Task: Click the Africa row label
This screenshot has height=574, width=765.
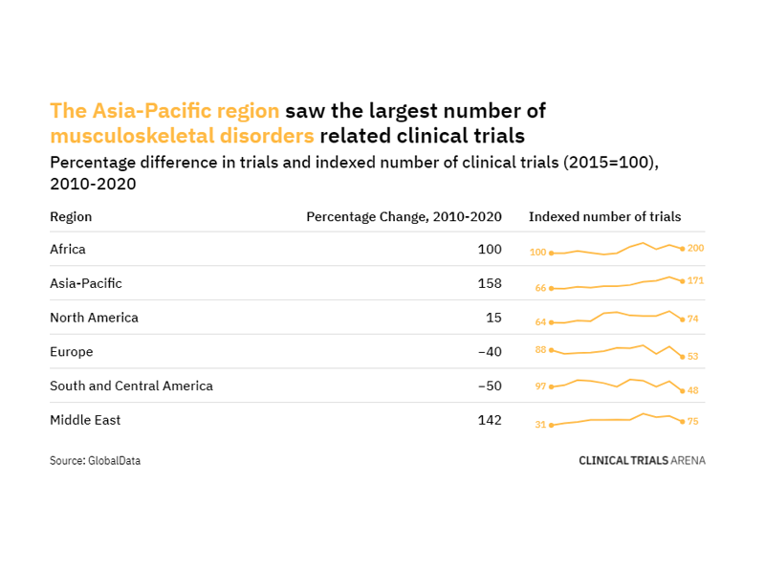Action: click(x=68, y=250)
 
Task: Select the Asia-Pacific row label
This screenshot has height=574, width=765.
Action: click(x=86, y=284)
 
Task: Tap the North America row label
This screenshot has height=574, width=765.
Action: click(x=94, y=318)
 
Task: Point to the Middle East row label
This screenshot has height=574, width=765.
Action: click(x=85, y=420)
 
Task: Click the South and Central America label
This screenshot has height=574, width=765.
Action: click(x=131, y=386)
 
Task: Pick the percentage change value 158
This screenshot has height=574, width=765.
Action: click(x=490, y=284)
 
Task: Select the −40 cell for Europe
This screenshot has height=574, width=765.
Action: click(x=490, y=352)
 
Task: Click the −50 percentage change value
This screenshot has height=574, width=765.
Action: click(x=490, y=386)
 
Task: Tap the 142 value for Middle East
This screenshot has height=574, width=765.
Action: click(x=490, y=420)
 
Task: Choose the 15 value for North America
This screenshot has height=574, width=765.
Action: click(x=494, y=318)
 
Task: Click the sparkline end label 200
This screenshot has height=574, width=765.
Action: click(x=695, y=249)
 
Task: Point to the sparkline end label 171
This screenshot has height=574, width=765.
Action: click(x=695, y=281)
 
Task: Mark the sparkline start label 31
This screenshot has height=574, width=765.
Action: click(x=540, y=425)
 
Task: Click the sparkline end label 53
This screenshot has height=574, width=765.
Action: click(x=693, y=357)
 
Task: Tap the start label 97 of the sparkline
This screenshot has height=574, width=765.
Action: click(x=540, y=386)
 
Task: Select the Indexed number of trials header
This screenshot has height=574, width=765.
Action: click(x=604, y=217)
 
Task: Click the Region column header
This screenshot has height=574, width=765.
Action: click(x=71, y=217)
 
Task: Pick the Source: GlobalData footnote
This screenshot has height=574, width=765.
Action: click(x=95, y=461)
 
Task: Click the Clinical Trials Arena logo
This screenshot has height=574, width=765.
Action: click(x=642, y=460)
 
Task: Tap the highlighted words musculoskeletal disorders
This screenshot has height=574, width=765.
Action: click(x=182, y=136)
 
